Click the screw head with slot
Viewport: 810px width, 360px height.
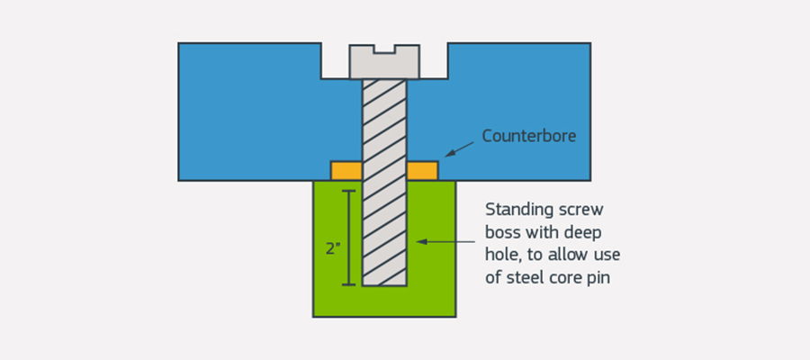pyautogui.click(x=384, y=62)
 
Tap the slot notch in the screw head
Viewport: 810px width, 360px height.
pyautogui.click(x=385, y=49)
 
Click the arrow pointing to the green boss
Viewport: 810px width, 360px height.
pyautogui.click(x=445, y=241)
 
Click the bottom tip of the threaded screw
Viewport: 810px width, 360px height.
pyautogui.click(x=384, y=283)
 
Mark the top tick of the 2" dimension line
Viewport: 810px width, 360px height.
pyautogui.click(x=348, y=191)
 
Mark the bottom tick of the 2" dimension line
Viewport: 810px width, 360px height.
pyautogui.click(x=348, y=284)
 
